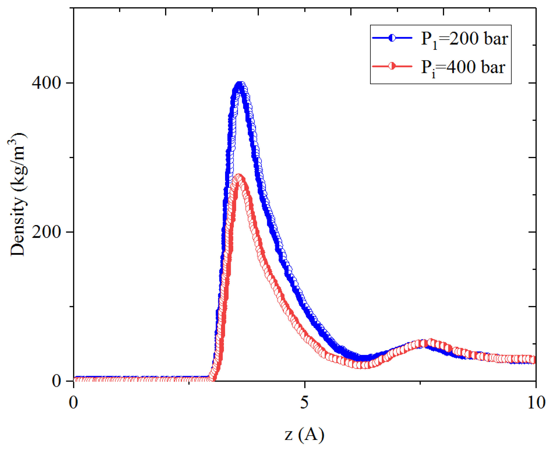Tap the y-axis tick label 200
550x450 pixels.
(46, 231)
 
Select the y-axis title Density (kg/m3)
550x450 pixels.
(18, 194)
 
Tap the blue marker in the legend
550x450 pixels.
(392, 38)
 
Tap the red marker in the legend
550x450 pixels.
(392, 66)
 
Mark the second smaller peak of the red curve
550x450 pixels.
(430, 343)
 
